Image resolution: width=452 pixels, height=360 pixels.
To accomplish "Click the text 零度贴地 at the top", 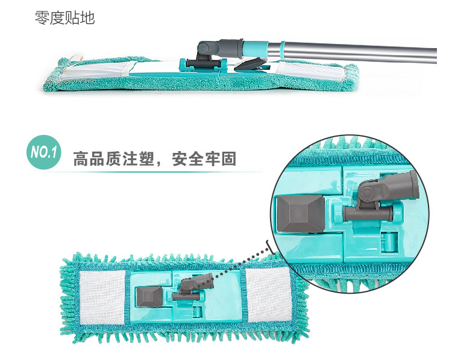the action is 64,17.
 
